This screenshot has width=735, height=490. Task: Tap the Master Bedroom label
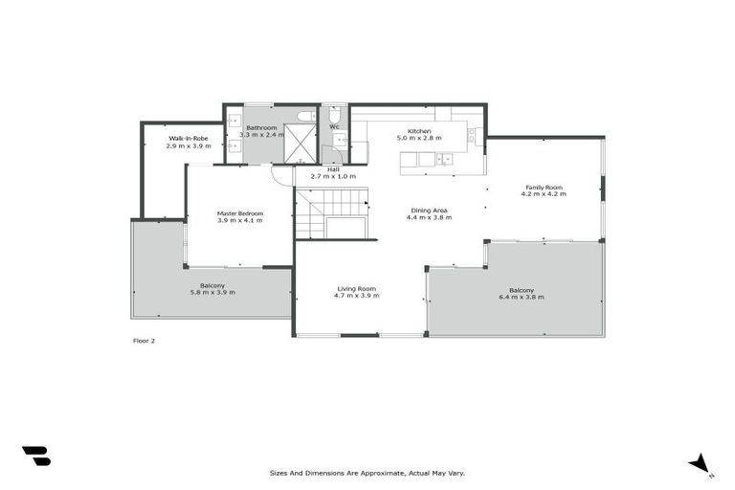click(x=239, y=213)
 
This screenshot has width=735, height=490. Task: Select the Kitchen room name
click(x=419, y=131)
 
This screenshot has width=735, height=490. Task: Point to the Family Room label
click(x=544, y=188)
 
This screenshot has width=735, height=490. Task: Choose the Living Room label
click(x=356, y=288)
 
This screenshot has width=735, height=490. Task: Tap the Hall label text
click(x=334, y=169)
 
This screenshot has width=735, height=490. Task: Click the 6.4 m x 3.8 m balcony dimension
click(x=522, y=298)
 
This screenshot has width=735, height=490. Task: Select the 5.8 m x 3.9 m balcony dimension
click(x=212, y=293)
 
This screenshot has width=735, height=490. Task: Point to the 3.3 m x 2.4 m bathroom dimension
click(x=261, y=135)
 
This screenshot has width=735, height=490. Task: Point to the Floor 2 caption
click(x=143, y=340)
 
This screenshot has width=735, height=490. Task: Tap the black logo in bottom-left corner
click(x=36, y=457)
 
